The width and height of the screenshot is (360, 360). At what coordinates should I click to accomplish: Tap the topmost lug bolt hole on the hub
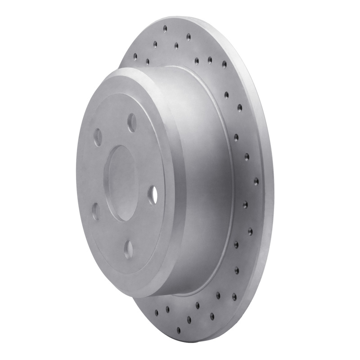point(132,122)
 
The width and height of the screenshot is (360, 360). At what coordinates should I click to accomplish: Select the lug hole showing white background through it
point(153,194)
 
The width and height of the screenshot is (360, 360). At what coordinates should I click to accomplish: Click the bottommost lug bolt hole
point(129,248)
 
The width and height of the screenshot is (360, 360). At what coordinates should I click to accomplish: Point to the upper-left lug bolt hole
point(98,137)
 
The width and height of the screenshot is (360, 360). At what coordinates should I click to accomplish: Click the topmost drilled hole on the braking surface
point(165,29)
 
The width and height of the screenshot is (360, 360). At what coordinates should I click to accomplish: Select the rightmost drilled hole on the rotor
point(256,181)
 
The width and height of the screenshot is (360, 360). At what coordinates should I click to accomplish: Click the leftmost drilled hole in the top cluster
point(135,56)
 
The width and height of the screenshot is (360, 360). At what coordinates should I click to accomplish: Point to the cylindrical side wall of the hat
point(202,180)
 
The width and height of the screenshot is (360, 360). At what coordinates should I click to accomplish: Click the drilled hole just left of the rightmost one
point(247,157)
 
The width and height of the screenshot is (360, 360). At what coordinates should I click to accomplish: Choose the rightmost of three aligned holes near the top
point(224,64)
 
